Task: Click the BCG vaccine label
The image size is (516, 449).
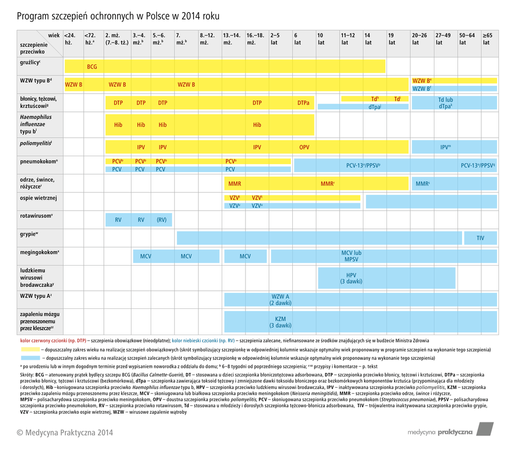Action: [92, 67]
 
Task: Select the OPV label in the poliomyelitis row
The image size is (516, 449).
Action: [304, 147]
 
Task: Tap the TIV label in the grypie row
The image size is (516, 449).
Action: [480, 238]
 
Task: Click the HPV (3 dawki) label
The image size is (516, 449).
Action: [351, 278]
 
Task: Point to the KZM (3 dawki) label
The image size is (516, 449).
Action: [280, 322]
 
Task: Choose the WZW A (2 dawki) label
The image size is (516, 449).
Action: [280, 300]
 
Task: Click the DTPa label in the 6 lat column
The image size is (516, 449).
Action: [303, 103]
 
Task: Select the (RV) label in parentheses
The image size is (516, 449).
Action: [161, 220]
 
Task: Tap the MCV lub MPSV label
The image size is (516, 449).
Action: [351, 256]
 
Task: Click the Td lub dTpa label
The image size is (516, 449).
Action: [445, 103]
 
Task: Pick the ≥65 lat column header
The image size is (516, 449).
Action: [487, 39]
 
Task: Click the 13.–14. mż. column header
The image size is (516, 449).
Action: [232, 39]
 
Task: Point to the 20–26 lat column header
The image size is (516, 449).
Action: [419, 39]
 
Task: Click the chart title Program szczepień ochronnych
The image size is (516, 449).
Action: [118, 16]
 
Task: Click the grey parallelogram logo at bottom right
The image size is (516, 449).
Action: [484, 429]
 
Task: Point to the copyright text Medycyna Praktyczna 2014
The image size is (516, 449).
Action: [65, 432]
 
